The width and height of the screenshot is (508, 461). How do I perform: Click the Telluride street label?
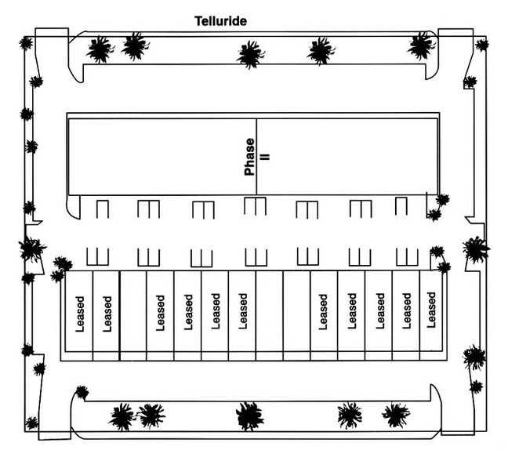pyautogui.click(x=220, y=21)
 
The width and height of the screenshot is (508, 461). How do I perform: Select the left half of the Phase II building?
pyautogui.click(x=161, y=156)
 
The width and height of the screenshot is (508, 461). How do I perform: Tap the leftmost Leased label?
pyautogui.click(x=79, y=313)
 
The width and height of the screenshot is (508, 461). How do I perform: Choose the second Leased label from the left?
pyautogui.click(x=107, y=313)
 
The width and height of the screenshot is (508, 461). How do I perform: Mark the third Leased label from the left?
pyautogui.click(x=161, y=313)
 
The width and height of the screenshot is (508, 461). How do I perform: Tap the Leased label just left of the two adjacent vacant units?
pyautogui.click(x=243, y=312)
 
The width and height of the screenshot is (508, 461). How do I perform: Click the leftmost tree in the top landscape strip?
pyautogui.click(x=100, y=49)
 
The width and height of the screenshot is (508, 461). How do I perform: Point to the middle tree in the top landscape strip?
pyautogui.click(x=250, y=54)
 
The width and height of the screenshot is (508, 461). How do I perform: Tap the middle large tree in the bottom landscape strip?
pyautogui.click(x=249, y=415)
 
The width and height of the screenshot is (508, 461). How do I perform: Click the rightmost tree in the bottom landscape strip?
pyautogui.click(x=395, y=414)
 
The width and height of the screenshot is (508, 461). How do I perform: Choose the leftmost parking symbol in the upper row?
pyautogui.click(x=101, y=209)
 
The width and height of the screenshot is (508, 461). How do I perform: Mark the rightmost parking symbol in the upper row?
pyautogui.click(x=401, y=206)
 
